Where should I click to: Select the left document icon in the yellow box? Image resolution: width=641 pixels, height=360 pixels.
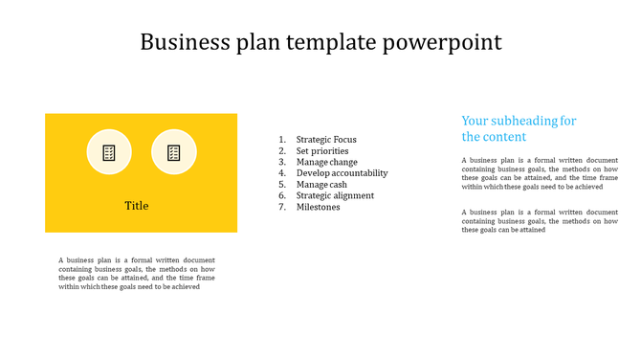(x=109, y=152)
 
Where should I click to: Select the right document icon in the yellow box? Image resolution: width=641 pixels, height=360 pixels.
(x=174, y=152)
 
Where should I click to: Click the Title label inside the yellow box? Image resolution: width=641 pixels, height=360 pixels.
(x=137, y=206)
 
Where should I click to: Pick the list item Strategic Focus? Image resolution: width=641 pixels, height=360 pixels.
(x=326, y=140)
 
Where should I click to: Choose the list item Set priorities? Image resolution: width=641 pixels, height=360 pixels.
(x=322, y=151)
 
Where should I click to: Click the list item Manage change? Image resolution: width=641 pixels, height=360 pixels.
(x=326, y=162)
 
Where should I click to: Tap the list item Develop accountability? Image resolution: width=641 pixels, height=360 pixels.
(x=342, y=173)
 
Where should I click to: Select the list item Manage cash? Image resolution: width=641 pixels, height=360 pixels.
(x=322, y=185)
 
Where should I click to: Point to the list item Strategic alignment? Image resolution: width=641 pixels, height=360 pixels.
(x=335, y=195)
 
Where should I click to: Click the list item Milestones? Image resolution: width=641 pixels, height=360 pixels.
(x=318, y=207)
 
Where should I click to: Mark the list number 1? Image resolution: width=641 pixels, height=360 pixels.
(x=282, y=140)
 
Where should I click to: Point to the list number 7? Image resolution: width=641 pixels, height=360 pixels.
(x=282, y=207)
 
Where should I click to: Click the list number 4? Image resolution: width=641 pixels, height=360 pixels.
(x=282, y=173)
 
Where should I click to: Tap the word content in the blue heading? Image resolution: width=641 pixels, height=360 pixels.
(x=505, y=137)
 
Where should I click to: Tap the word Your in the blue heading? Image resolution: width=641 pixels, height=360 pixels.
(x=475, y=121)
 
